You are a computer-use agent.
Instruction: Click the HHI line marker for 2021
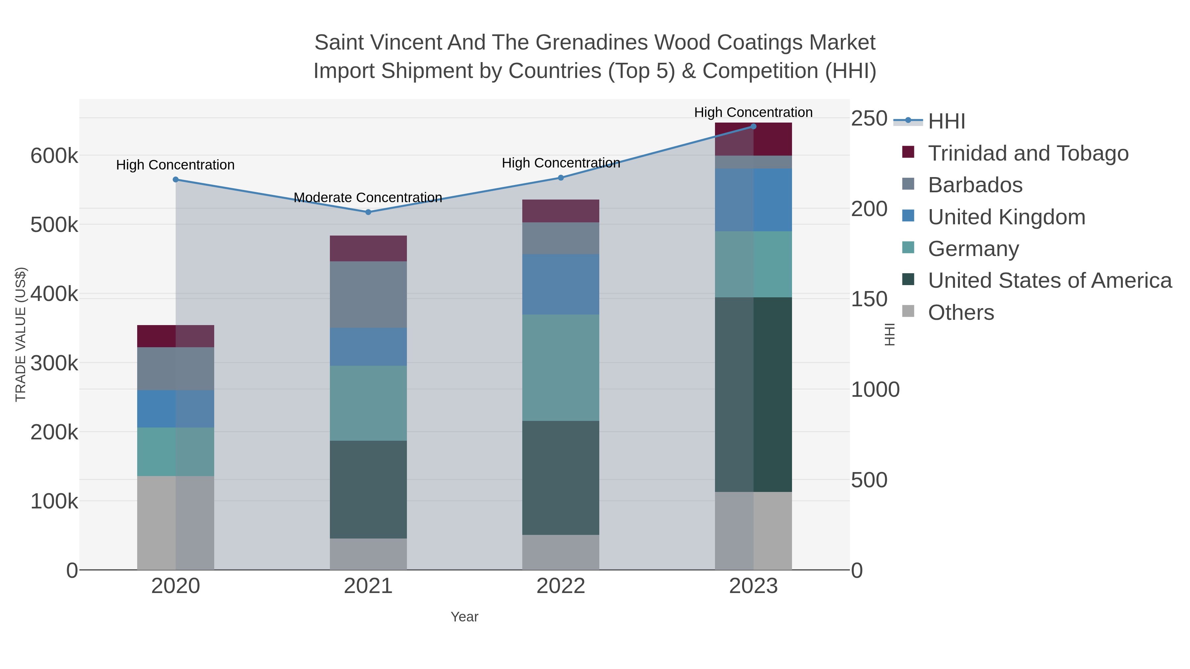coord(368,212)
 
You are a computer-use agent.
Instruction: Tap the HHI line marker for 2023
coord(753,126)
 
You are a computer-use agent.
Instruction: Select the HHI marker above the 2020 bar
coord(176,180)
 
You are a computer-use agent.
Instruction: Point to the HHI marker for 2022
coord(561,178)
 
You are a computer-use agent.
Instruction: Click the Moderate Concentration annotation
coord(368,198)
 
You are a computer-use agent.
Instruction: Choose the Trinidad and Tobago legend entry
coord(1028,153)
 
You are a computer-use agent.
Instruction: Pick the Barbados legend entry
coord(975,185)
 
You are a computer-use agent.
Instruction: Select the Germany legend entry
coord(973,248)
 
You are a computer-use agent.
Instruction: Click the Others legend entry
coord(960,313)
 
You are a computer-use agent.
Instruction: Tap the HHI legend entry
coord(946,121)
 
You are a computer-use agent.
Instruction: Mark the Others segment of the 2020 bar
coord(176,523)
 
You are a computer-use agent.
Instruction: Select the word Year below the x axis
coord(464,617)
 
